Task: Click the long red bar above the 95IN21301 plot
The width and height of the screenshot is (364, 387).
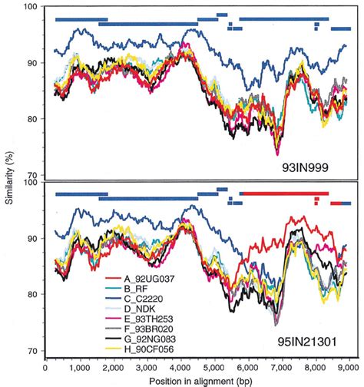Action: tap(284, 194)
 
